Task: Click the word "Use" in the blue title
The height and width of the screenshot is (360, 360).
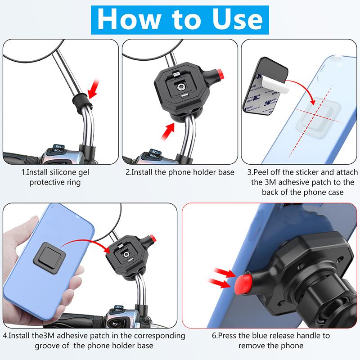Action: click(x=238, y=19)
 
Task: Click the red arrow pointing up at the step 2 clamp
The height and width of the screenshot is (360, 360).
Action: click(x=168, y=131)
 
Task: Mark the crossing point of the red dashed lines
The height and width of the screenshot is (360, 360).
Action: click(x=314, y=114)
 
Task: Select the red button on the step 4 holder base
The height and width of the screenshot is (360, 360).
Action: click(x=153, y=239)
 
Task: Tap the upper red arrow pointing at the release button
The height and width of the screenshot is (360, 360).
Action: click(x=225, y=273)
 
